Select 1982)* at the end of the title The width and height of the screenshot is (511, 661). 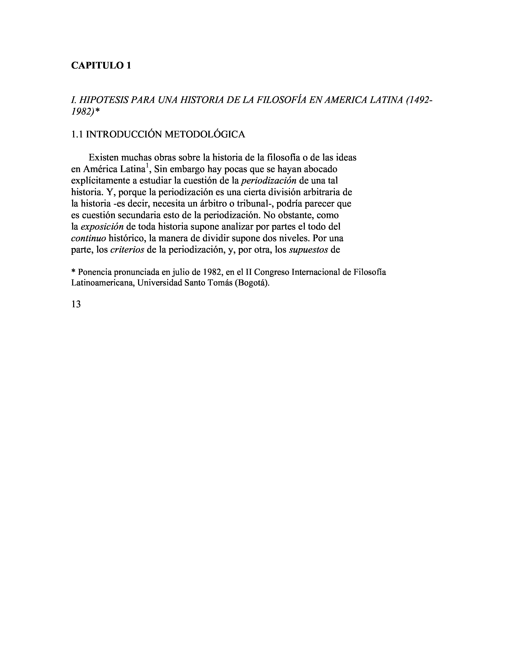(85, 112)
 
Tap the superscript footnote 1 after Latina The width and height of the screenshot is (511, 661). (147, 166)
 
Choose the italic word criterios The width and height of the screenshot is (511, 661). (127, 250)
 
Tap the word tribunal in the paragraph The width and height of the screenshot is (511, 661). (254, 204)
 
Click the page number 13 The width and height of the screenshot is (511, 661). (76, 304)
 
